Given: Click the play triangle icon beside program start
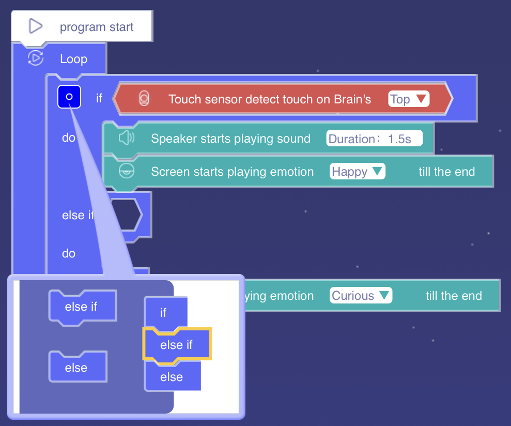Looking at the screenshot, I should click(x=35, y=26).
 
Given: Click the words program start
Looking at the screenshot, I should click(x=97, y=27).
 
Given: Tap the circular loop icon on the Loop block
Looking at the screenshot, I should click(x=35, y=58).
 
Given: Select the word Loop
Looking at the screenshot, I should click(x=73, y=59).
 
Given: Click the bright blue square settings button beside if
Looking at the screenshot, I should click(x=69, y=97).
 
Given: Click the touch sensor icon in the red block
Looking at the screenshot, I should click(x=144, y=99).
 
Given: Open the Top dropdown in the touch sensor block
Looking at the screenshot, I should click(x=409, y=99).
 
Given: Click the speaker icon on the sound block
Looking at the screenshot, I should click(x=126, y=138).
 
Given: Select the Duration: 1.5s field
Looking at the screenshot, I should click(x=375, y=139).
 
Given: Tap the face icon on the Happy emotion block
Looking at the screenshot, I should click(x=126, y=171).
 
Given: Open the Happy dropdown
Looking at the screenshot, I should click(x=358, y=172).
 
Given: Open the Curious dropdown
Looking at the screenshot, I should click(x=361, y=296).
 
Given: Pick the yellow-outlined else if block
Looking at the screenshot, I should click(x=177, y=345).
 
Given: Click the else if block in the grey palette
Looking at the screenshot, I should click(x=81, y=307).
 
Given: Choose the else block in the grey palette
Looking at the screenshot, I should click(x=76, y=368).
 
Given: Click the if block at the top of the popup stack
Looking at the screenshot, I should click(x=164, y=312).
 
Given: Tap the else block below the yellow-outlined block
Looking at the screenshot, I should click(x=172, y=377).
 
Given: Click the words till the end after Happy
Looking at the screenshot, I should click(x=446, y=172).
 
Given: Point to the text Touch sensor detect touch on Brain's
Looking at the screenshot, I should click(x=270, y=99).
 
